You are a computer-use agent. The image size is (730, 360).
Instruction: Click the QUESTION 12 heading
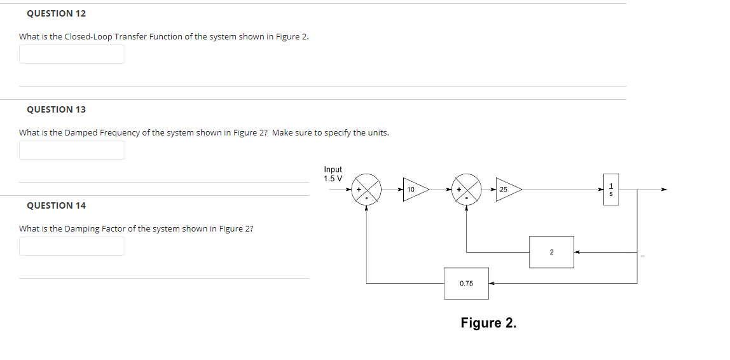coord(56,13)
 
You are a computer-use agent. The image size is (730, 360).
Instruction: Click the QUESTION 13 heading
coord(56,109)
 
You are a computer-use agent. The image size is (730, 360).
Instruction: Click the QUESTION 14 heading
coord(56,205)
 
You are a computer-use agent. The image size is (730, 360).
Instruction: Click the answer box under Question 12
coord(72,54)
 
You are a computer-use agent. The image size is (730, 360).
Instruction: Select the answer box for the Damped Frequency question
coord(72,150)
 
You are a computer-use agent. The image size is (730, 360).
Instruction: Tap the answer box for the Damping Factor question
coord(72,246)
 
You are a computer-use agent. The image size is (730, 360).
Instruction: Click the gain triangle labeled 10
coord(414,190)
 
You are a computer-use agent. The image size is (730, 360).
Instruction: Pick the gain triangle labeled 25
coord(507,190)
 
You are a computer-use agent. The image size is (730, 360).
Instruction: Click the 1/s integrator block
coord(610,190)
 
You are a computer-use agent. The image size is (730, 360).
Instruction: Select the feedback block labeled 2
coord(551,252)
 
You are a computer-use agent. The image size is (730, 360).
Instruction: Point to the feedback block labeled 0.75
coord(466,283)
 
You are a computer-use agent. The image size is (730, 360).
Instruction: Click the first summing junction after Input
coord(367,189)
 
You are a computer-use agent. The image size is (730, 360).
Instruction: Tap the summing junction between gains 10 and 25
coord(467,189)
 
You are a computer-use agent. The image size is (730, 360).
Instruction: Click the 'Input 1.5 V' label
coord(333,174)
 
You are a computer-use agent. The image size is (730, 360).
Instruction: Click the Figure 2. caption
coord(488,323)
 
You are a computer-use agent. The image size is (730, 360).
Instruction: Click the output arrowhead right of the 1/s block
coord(664,189)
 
